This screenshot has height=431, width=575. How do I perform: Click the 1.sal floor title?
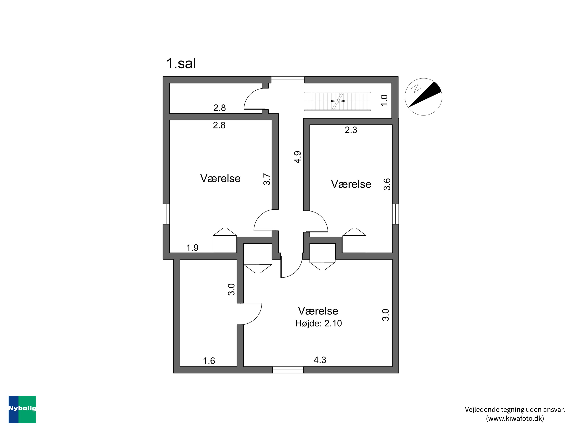(x=181, y=63)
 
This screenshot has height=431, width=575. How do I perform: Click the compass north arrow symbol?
(x=423, y=97)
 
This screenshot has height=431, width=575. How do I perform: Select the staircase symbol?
(x=337, y=101)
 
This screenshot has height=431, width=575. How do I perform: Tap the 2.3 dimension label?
(x=351, y=130)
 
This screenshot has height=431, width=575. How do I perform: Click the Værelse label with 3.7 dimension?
(x=220, y=179)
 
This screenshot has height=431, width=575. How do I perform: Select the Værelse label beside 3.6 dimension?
(x=351, y=184)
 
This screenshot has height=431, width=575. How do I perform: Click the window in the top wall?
(x=287, y=80)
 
